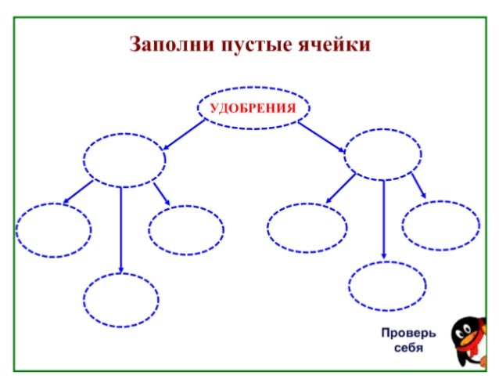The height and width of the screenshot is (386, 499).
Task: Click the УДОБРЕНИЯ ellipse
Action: [x=253, y=108]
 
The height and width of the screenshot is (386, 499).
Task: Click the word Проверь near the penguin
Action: [x=408, y=333]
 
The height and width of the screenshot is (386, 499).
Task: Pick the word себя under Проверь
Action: [x=407, y=347]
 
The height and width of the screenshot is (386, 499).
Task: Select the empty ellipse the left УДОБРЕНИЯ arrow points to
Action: [x=124, y=160]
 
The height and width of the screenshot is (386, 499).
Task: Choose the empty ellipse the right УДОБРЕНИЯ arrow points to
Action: [x=382, y=154]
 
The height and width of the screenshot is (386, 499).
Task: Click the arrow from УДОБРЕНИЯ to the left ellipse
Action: [x=184, y=134]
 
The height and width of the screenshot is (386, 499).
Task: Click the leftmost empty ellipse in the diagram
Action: [x=53, y=230]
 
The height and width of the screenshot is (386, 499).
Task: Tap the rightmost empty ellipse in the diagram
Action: [x=440, y=225]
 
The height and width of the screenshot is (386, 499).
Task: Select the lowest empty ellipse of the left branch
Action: [x=121, y=300]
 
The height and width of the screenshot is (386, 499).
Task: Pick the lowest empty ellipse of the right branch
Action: [x=387, y=287]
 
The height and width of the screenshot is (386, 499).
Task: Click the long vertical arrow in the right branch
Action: [x=383, y=219]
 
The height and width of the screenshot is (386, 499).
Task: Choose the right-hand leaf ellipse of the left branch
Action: [x=186, y=230]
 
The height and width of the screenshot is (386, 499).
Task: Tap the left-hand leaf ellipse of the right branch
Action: [x=307, y=228]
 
